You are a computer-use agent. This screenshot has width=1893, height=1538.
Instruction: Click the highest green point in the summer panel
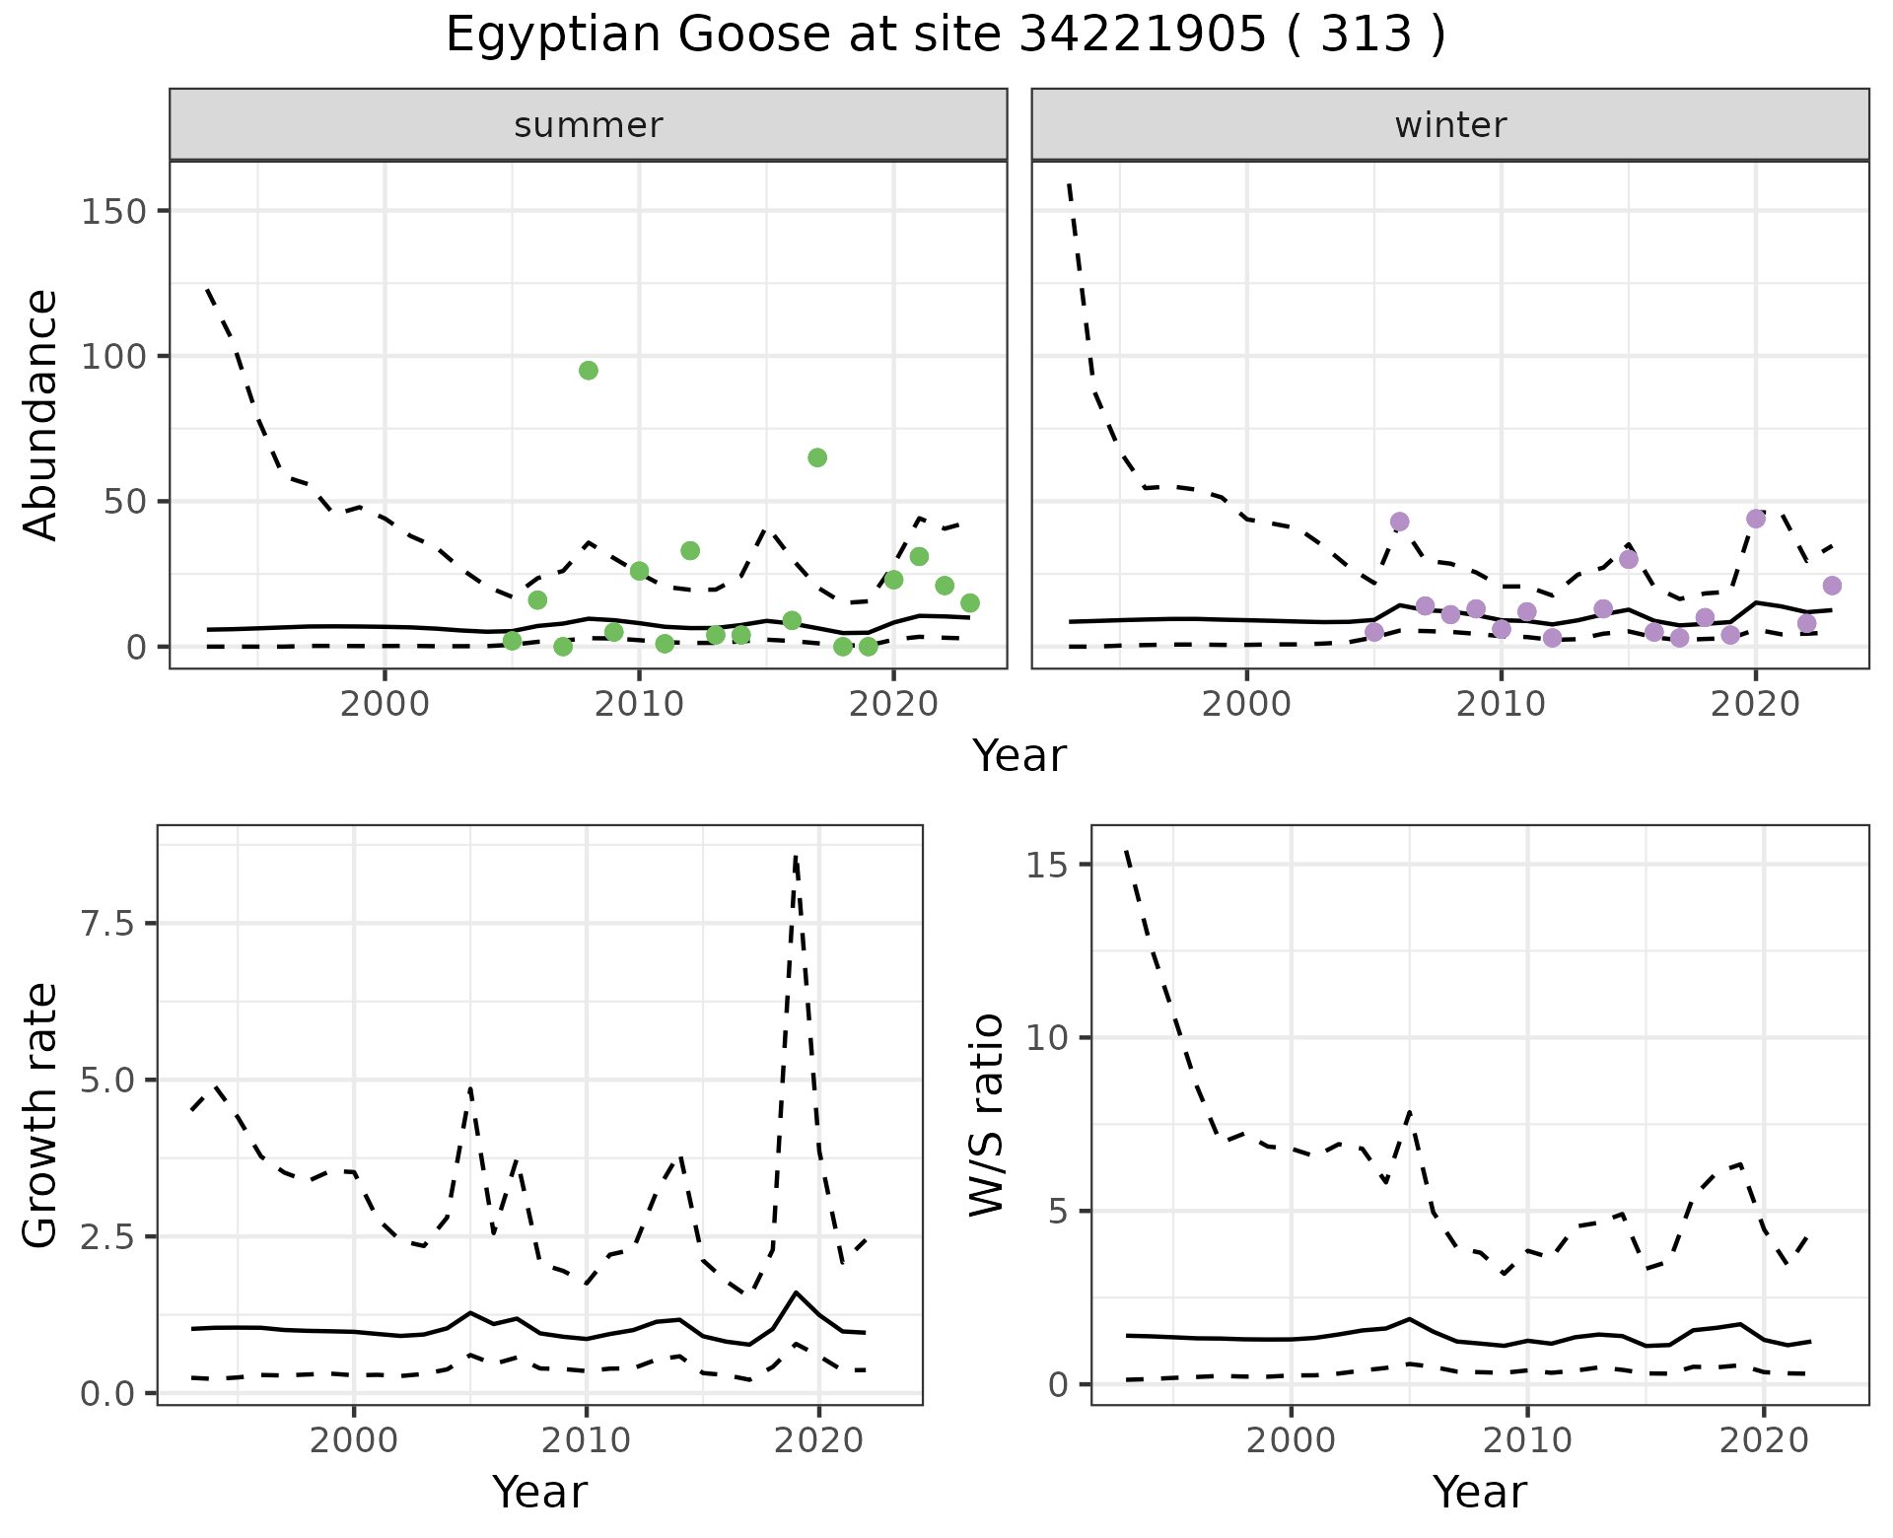[589, 371]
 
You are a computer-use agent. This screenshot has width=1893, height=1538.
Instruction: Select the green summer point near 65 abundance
[817, 457]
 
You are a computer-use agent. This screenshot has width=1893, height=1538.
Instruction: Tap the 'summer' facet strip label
[589, 125]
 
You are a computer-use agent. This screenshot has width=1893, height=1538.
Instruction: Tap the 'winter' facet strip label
[1450, 125]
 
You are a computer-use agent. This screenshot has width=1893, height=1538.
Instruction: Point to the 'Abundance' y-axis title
[41, 415]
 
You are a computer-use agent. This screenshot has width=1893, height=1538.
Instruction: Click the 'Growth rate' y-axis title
[41, 1116]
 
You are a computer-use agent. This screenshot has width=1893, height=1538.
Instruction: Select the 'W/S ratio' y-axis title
[986, 1116]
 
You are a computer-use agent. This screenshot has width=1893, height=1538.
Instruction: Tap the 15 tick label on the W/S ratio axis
[1048, 866]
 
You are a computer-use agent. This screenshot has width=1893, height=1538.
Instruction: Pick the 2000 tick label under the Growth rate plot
[354, 1440]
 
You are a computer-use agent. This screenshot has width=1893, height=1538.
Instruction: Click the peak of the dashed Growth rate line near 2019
[796, 857]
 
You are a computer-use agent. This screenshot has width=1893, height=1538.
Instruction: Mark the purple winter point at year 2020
[1756, 519]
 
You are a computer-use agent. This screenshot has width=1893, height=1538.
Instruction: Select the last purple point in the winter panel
[1832, 586]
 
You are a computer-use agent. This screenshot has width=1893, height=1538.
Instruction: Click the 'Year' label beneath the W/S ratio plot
[1480, 1492]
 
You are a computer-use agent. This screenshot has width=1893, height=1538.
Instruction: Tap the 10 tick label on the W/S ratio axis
[1048, 1038]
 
